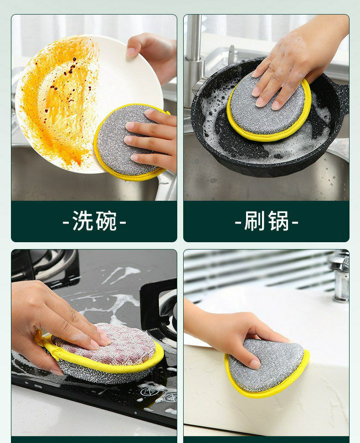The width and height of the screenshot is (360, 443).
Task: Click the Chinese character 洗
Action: click(82, 221)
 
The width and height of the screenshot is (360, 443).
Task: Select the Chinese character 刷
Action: click(255, 221)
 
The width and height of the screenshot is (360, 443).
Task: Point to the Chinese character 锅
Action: click(278, 221)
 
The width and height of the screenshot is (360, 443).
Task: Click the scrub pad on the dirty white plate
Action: click(129, 143)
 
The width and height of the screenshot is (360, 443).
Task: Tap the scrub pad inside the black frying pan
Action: click(269, 107)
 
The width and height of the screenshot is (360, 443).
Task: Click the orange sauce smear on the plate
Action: click(59, 99)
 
